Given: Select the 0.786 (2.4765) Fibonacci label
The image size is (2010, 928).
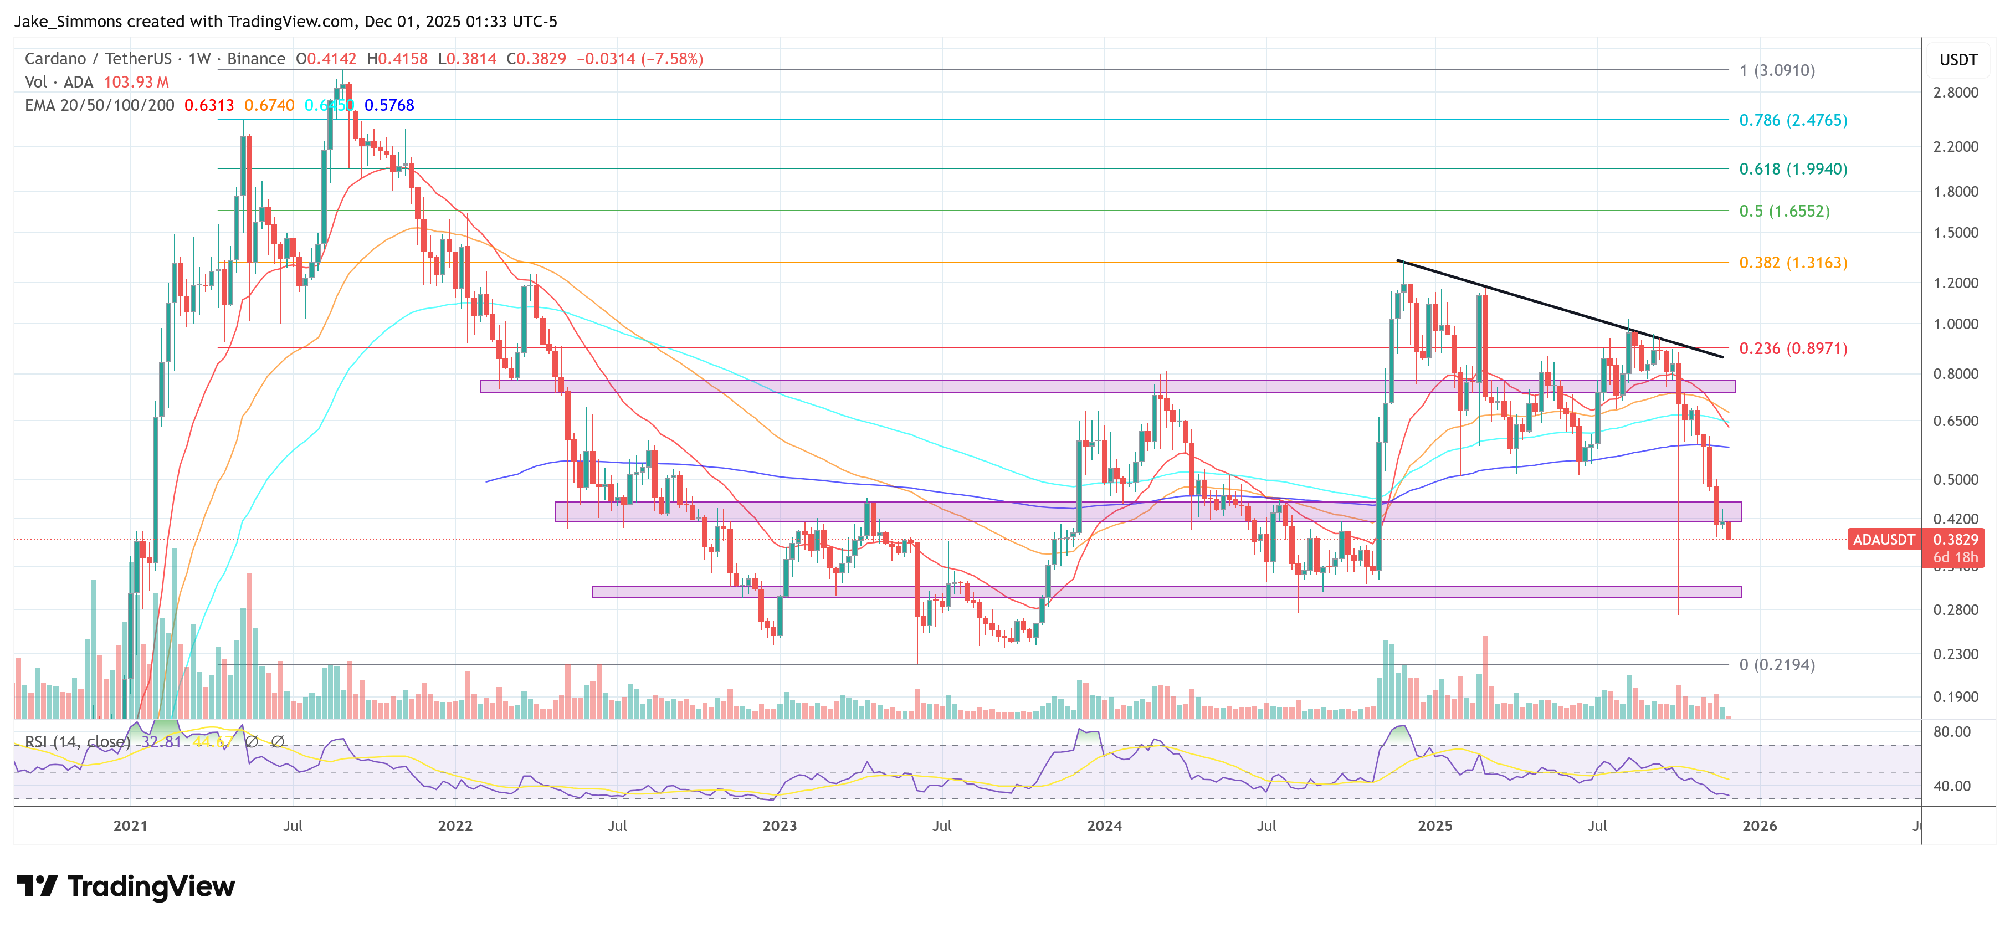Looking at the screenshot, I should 1792,120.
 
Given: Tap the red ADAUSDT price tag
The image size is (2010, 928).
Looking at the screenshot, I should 1883,539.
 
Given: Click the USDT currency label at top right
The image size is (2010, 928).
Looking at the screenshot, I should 1958,60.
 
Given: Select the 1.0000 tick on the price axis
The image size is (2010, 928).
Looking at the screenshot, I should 1955,325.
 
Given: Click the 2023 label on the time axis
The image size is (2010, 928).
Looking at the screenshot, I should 779,826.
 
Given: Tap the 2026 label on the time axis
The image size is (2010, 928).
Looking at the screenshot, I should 1760,826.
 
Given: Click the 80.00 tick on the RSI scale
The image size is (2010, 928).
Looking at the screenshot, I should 1951,732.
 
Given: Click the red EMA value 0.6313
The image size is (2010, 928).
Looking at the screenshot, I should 208,105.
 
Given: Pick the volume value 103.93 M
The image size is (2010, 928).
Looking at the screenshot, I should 136,82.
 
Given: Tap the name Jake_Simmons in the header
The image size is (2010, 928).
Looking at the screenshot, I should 66,22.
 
